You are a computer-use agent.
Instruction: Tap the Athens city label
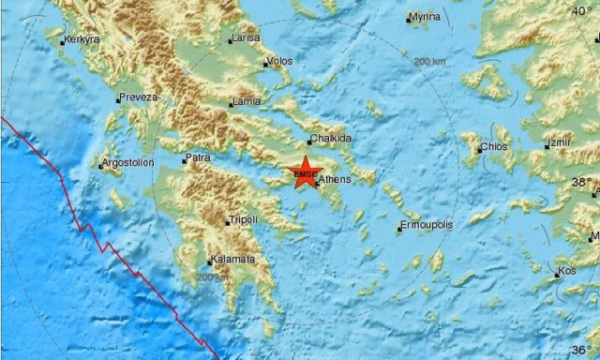coord(335,178)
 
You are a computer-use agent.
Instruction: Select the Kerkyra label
coord(82,40)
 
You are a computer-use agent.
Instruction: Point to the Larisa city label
coord(245,38)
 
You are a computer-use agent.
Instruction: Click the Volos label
coord(279,62)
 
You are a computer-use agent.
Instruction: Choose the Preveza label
coord(139,97)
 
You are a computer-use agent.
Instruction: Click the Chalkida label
coord(331,139)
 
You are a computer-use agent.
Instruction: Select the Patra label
coord(198,158)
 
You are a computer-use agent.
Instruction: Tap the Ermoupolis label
coord(427,226)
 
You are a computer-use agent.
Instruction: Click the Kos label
coord(567,272)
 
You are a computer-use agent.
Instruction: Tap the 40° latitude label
coord(584,10)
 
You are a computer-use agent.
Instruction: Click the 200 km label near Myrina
coord(430,61)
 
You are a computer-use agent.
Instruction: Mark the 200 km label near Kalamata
coord(211,277)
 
